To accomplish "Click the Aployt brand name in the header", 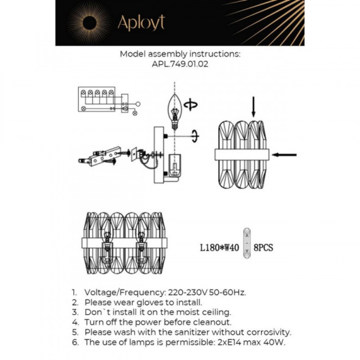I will [141, 23].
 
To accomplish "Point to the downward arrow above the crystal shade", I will [254, 106].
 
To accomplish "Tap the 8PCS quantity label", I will [263, 248].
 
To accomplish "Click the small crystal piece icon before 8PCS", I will [246, 247].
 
